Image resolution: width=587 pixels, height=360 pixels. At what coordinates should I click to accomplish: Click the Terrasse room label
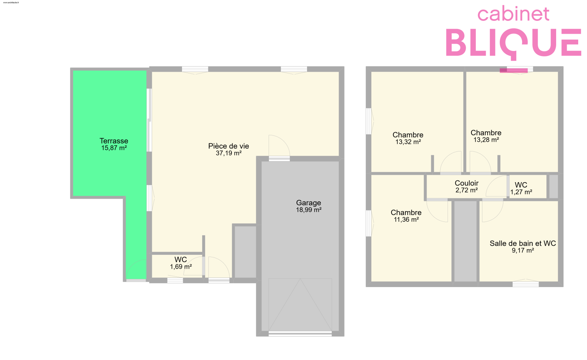[114, 141]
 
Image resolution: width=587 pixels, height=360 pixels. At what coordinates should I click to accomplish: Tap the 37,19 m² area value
[229, 153]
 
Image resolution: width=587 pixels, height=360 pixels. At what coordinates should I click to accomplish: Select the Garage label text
[309, 203]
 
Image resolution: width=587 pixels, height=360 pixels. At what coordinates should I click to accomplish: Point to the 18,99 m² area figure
[309, 210]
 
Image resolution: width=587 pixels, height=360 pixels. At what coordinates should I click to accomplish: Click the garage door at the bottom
[300, 333]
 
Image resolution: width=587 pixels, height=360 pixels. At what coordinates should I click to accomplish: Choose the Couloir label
[466, 183]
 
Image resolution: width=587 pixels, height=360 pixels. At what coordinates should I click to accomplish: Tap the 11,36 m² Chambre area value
[406, 219]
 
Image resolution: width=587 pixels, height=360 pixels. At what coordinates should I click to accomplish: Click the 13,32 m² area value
[408, 142]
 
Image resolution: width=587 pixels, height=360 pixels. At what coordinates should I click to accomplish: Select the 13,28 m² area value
[486, 140]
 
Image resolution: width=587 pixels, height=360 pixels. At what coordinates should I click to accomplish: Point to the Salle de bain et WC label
[523, 243]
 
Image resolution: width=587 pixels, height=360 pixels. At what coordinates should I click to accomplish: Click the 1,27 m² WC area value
[521, 192]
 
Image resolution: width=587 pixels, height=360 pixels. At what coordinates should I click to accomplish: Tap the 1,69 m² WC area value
[181, 267]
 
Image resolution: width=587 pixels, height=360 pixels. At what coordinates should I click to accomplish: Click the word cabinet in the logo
[513, 14]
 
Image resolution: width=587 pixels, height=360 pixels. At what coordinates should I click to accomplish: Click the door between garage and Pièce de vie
[279, 158]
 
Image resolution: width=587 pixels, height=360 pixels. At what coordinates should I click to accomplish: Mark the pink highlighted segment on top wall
[514, 70]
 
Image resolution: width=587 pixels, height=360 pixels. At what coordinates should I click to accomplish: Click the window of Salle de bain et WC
[526, 284]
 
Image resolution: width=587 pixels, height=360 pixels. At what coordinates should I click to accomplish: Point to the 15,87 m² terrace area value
[114, 148]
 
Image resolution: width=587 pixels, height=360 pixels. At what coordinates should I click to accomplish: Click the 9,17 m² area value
[523, 250]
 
